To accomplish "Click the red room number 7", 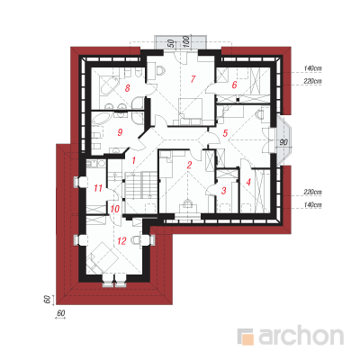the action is click(x=193, y=79).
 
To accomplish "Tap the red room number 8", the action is click(x=128, y=88).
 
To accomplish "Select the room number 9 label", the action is click(x=120, y=132).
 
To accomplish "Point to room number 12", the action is click(x=121, y=240).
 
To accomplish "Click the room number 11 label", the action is click(x=98, y=188).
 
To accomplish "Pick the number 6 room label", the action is click(x=234, y=85).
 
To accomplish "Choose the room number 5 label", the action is click(x=225, y=133).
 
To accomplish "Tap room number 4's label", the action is click(x=248, y=182).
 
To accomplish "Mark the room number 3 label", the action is click(x=223, y=190).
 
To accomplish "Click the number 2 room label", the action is click(x=189, y=165).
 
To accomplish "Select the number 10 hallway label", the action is click(x=115, y=209).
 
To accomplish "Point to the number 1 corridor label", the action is click(x=134, y=160).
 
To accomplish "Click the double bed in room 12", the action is click(x=102, y=257).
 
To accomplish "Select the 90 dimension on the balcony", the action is click(x=283, y=142).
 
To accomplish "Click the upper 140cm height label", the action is click(x=312, y=68).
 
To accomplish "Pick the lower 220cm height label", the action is click(x=312, y=192).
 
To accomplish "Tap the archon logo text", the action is click(x=301, y=337).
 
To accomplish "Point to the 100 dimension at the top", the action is click(x=185, y=41).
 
